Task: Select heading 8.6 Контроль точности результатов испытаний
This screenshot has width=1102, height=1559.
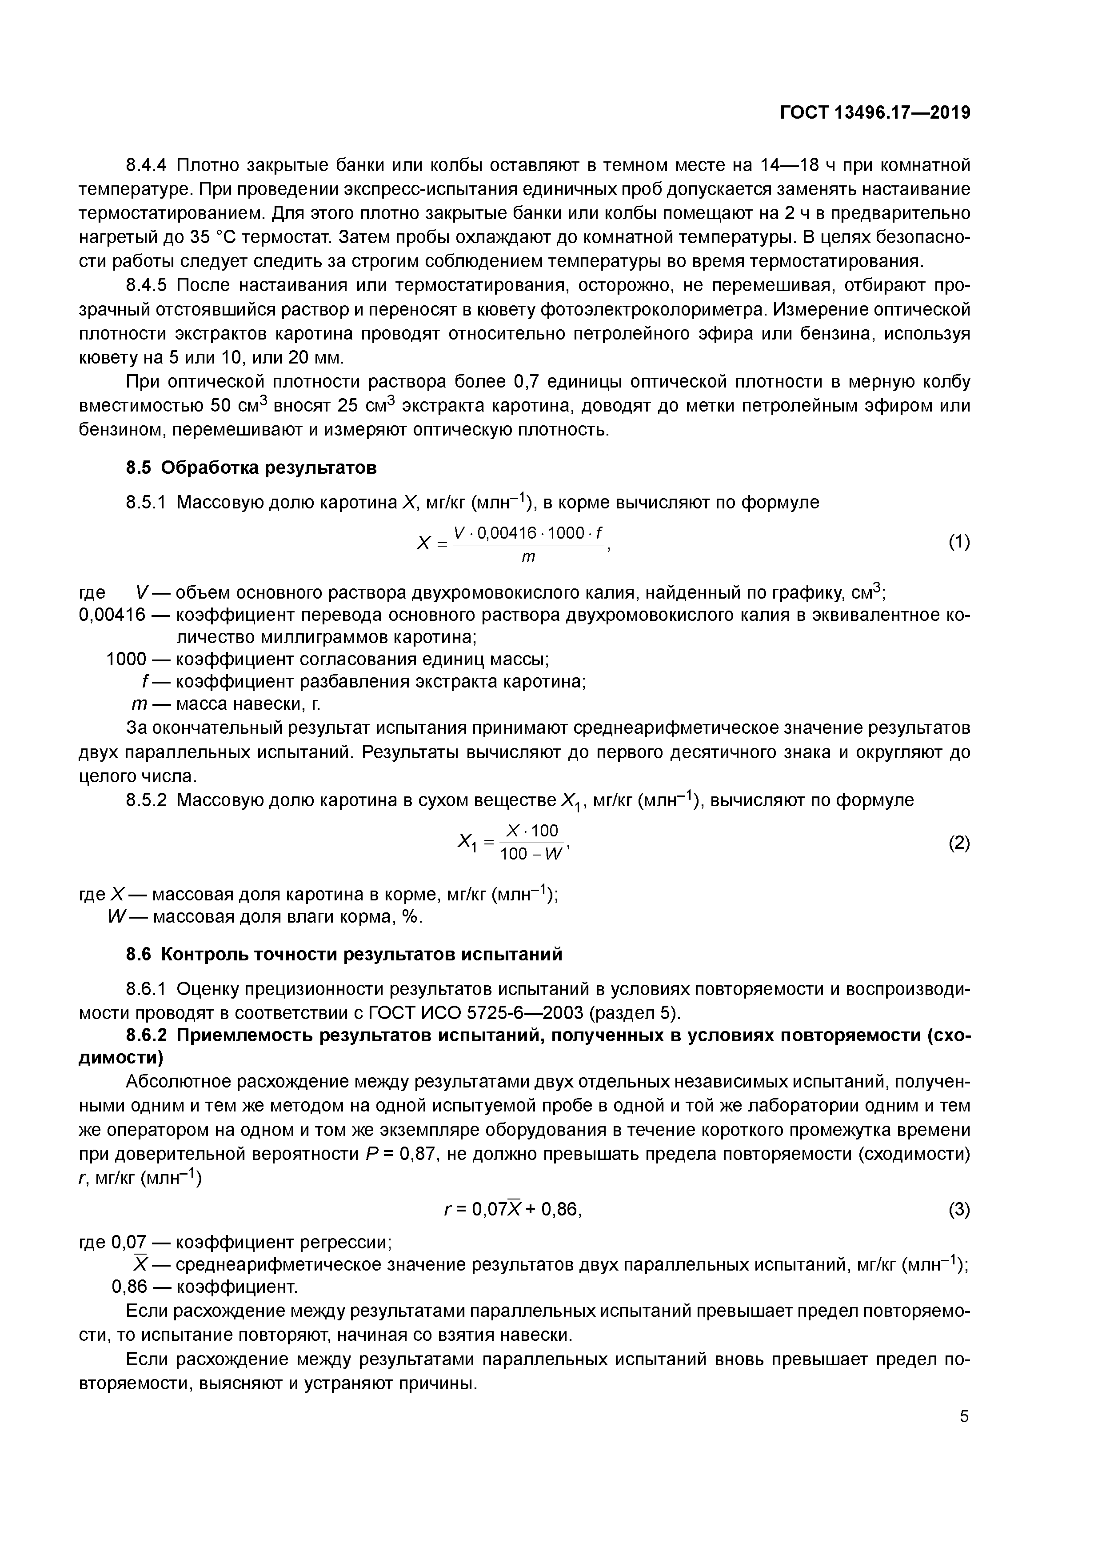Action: click(344, 954)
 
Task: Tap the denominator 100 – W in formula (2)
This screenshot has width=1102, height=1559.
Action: click(531, 854)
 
